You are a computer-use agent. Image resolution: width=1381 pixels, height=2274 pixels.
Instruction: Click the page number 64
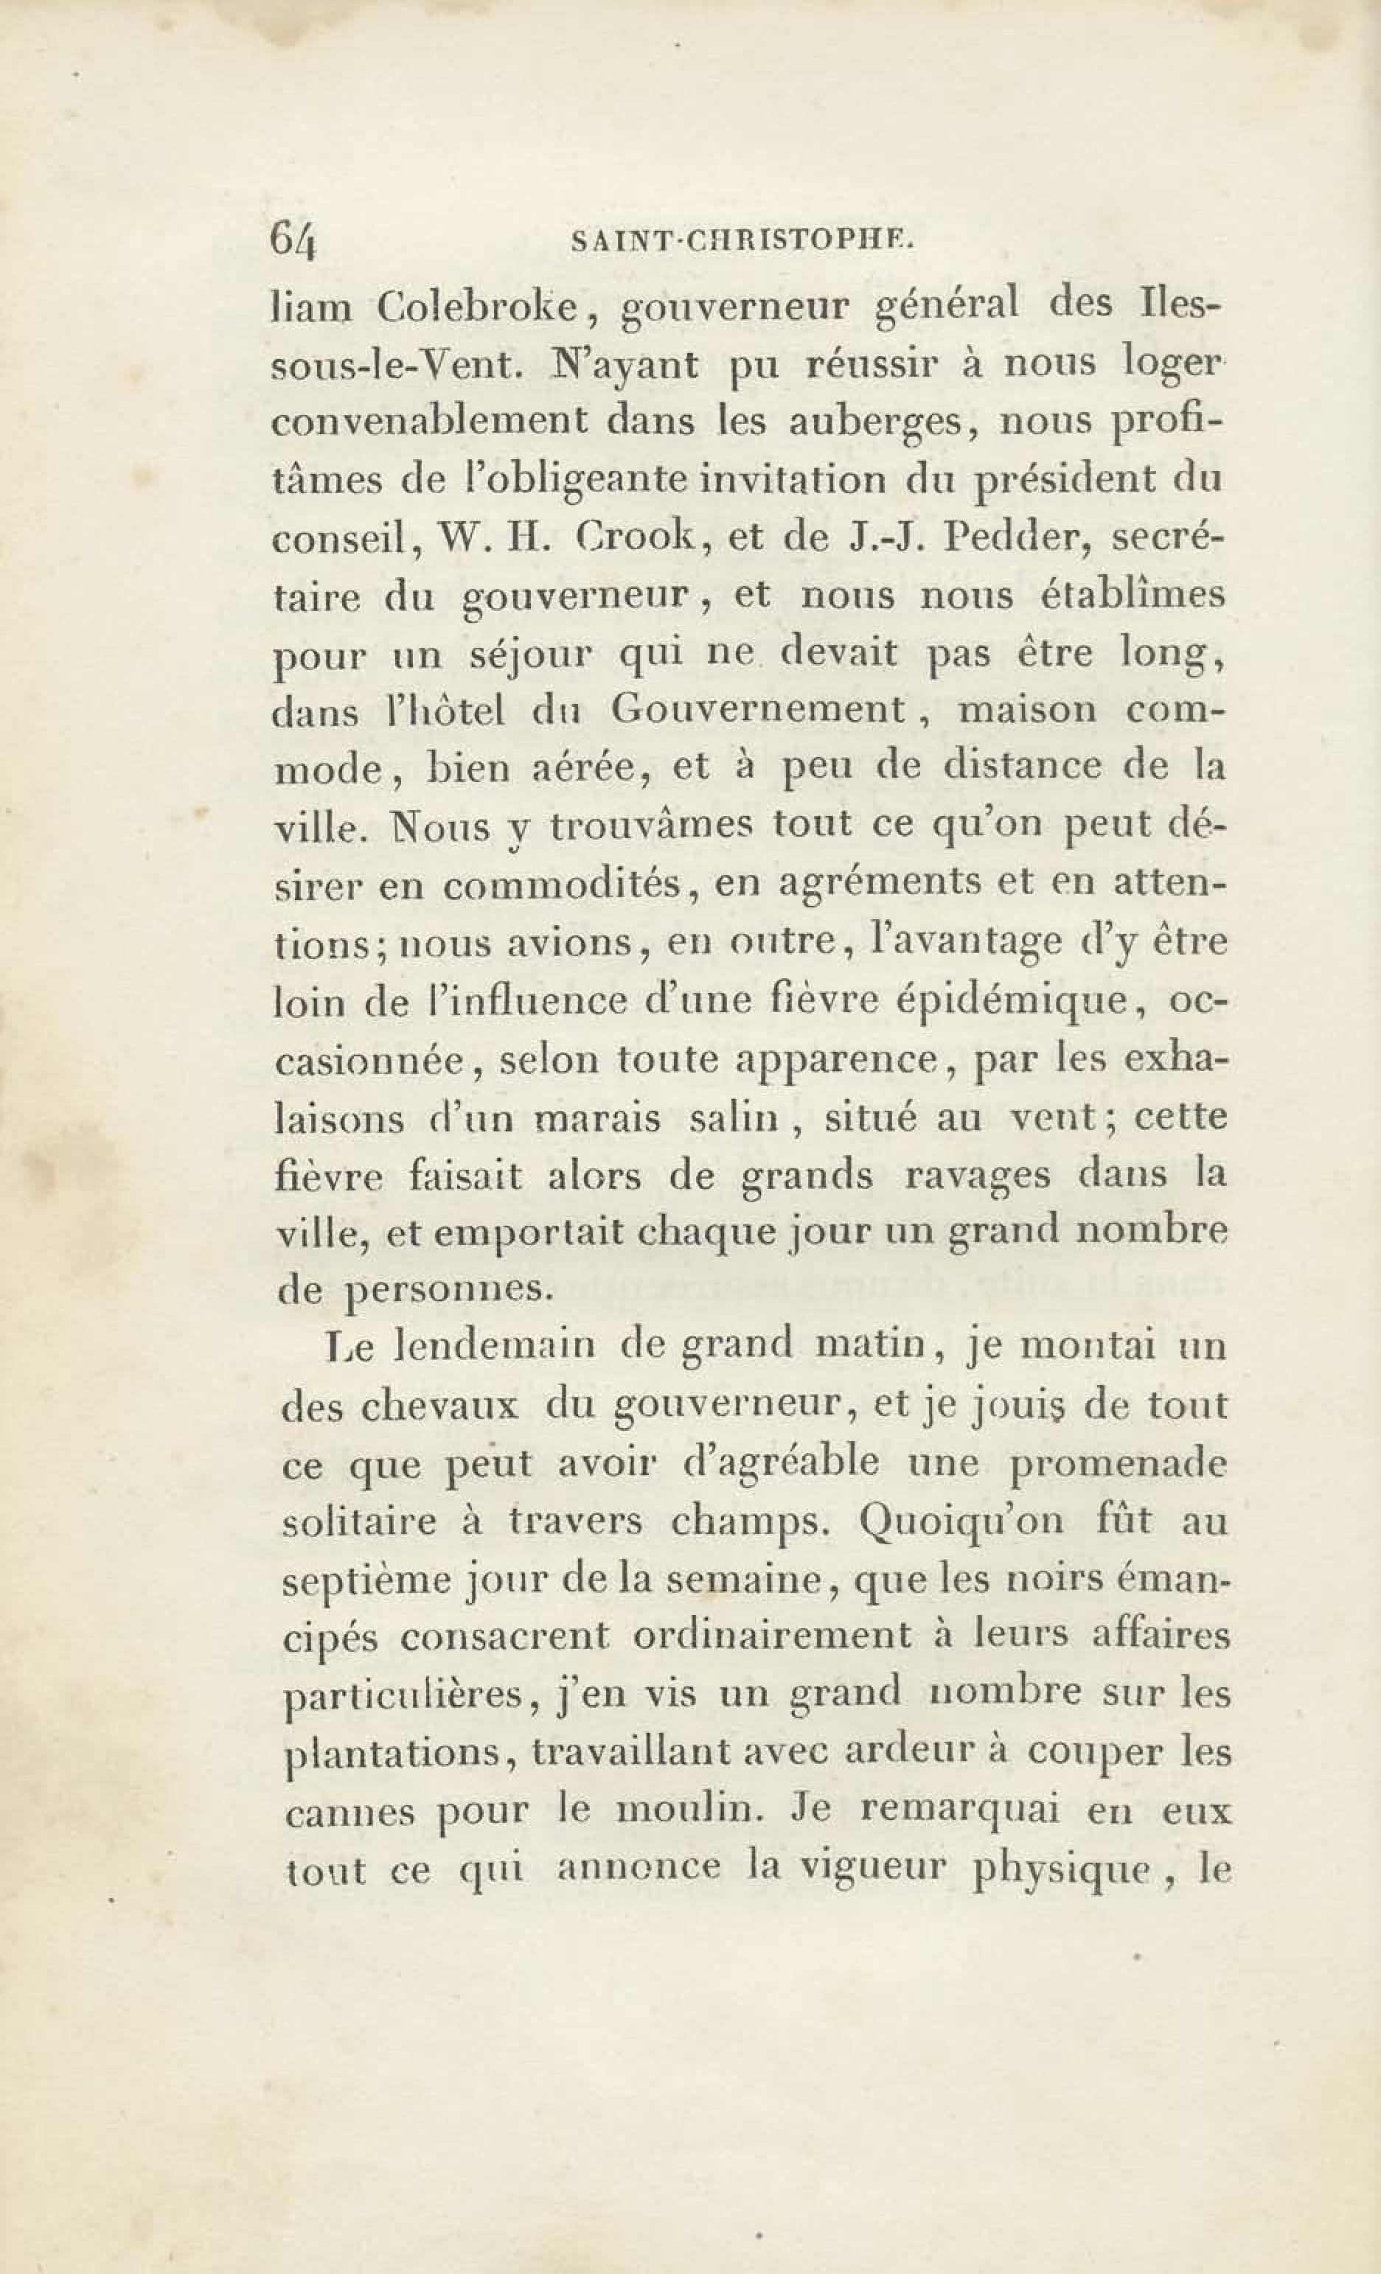click(x=293, y=242)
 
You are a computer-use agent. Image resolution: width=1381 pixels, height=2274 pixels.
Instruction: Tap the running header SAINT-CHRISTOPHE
click(x=742, y=243)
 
